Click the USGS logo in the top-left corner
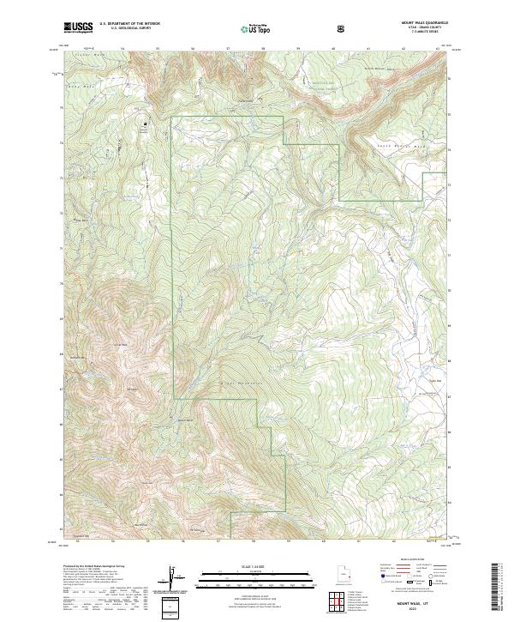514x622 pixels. click(x=78, y=27)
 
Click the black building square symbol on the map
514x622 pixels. click(x=145, y=124)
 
